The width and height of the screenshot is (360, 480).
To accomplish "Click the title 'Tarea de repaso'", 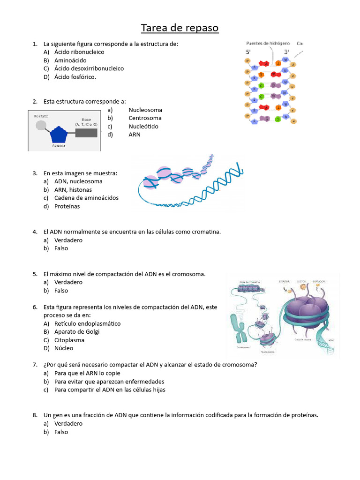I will point(180,28).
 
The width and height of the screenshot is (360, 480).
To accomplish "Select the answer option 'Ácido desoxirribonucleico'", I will point(89,68).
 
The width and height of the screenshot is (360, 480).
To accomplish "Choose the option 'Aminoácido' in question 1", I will point(70,60).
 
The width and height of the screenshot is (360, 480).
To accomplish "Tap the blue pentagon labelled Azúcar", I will point(59,135).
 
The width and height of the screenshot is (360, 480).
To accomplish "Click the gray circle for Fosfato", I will point(41,125).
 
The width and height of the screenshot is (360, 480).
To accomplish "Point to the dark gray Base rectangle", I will point(86,133).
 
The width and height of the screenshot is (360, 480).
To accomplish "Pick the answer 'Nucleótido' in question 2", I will point(143,127).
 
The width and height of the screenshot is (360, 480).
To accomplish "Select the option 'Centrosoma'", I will point(145,118).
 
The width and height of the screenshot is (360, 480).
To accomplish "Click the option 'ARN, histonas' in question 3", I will point(73,190).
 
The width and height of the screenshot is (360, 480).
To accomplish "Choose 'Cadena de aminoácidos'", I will point(86,198).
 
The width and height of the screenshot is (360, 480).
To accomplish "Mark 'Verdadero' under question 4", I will point(68,240).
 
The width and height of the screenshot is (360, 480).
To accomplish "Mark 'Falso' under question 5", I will point(61,291).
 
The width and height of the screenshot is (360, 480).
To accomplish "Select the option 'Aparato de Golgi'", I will point(77,332).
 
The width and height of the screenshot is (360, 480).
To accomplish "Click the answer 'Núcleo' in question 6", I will point(64,348).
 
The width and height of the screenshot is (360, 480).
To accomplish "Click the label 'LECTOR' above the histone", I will point(301,281).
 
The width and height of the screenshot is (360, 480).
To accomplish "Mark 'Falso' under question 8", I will point(61,432).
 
